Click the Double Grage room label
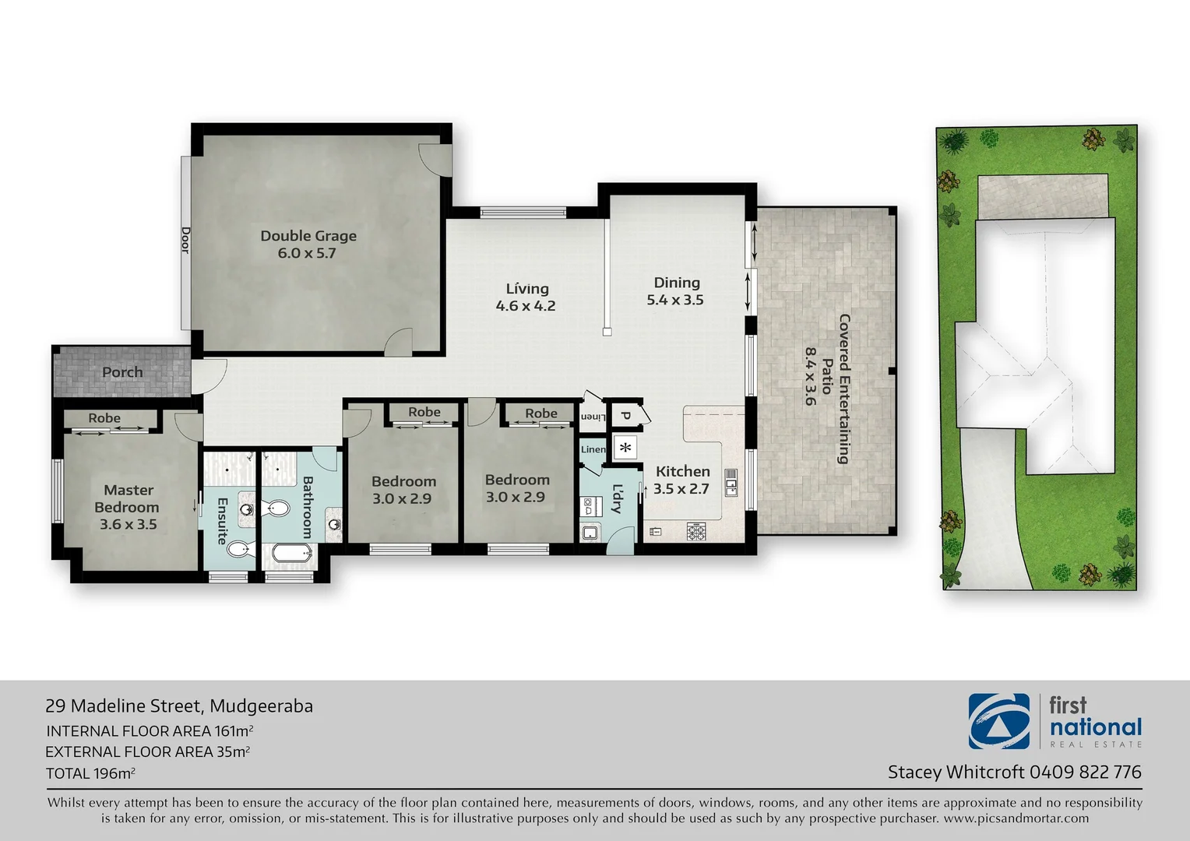308,244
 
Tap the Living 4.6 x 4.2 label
526,297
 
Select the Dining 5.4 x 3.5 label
676,291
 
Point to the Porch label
122,372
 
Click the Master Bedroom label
128,507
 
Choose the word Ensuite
222,520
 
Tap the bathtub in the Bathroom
291,554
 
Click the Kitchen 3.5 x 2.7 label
682,480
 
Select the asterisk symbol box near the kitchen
625,448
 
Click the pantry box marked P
625,417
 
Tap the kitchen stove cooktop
695,532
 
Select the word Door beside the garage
185,240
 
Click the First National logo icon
998,721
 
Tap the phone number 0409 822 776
1085,772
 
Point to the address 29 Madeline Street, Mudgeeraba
179,706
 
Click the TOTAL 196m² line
90,773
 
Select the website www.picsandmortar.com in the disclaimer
1016,818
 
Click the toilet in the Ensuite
240,549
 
